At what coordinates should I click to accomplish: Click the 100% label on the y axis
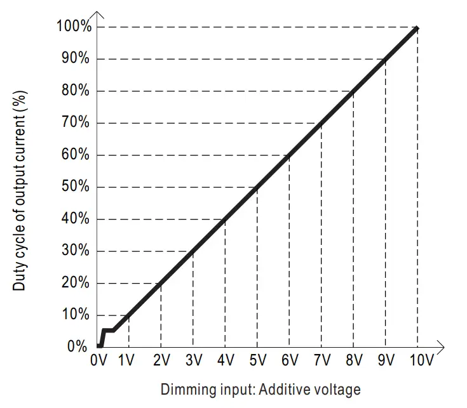(75, 27)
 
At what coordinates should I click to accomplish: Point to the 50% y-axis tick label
(77, 187)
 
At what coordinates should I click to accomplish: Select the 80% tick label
(77, 91)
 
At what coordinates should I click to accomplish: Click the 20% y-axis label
(77, 283)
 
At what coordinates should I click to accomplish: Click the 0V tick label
(99, 361)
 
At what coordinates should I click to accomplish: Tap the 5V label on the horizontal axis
(257, 361)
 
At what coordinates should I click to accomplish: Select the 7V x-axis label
(321, 361)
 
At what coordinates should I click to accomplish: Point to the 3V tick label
(193, 361)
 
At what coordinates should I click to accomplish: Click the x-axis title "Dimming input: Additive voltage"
(261, 389)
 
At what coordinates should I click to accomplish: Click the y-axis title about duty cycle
(20, 188)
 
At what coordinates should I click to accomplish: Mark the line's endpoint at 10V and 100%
(417, 28)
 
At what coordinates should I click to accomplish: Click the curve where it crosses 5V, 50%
(257, 187)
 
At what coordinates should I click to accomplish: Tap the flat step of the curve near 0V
(108, 330)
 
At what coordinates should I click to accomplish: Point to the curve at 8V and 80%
(353, 91)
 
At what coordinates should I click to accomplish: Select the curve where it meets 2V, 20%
(161, 283)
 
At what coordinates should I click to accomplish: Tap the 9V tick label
(385, 361)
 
